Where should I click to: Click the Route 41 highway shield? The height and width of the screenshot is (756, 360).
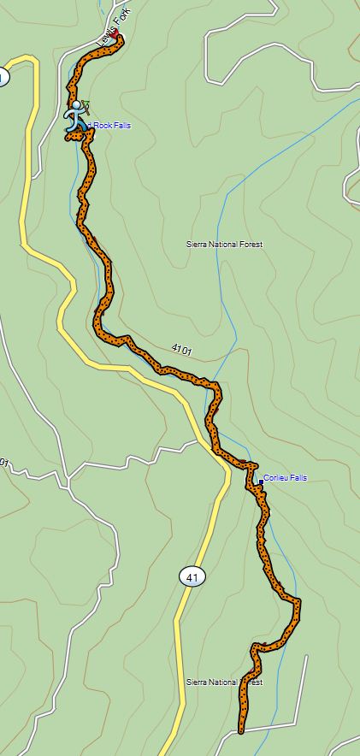[192, 578]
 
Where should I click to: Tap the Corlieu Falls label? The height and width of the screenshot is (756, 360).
[285, 478]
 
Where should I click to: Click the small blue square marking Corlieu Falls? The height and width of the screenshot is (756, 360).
[260, 482]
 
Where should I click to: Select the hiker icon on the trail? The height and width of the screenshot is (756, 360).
[76, 115]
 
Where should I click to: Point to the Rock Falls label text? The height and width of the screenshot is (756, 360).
[110, 127]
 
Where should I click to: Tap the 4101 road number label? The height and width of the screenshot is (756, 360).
[180, 350]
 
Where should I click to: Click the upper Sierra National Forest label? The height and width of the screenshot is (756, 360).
[224, 245]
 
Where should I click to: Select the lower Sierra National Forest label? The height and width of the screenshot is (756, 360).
[224, 682]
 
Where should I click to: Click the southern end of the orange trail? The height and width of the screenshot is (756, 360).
[240, 730]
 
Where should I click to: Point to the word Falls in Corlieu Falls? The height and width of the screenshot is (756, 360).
[297, 478]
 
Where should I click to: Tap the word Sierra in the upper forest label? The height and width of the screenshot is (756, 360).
[197, 245]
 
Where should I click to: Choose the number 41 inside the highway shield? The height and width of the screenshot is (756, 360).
[192, 578]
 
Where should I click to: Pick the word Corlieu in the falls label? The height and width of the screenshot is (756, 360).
[274, 478]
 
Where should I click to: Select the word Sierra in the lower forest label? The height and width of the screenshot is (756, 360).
[197, 682]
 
